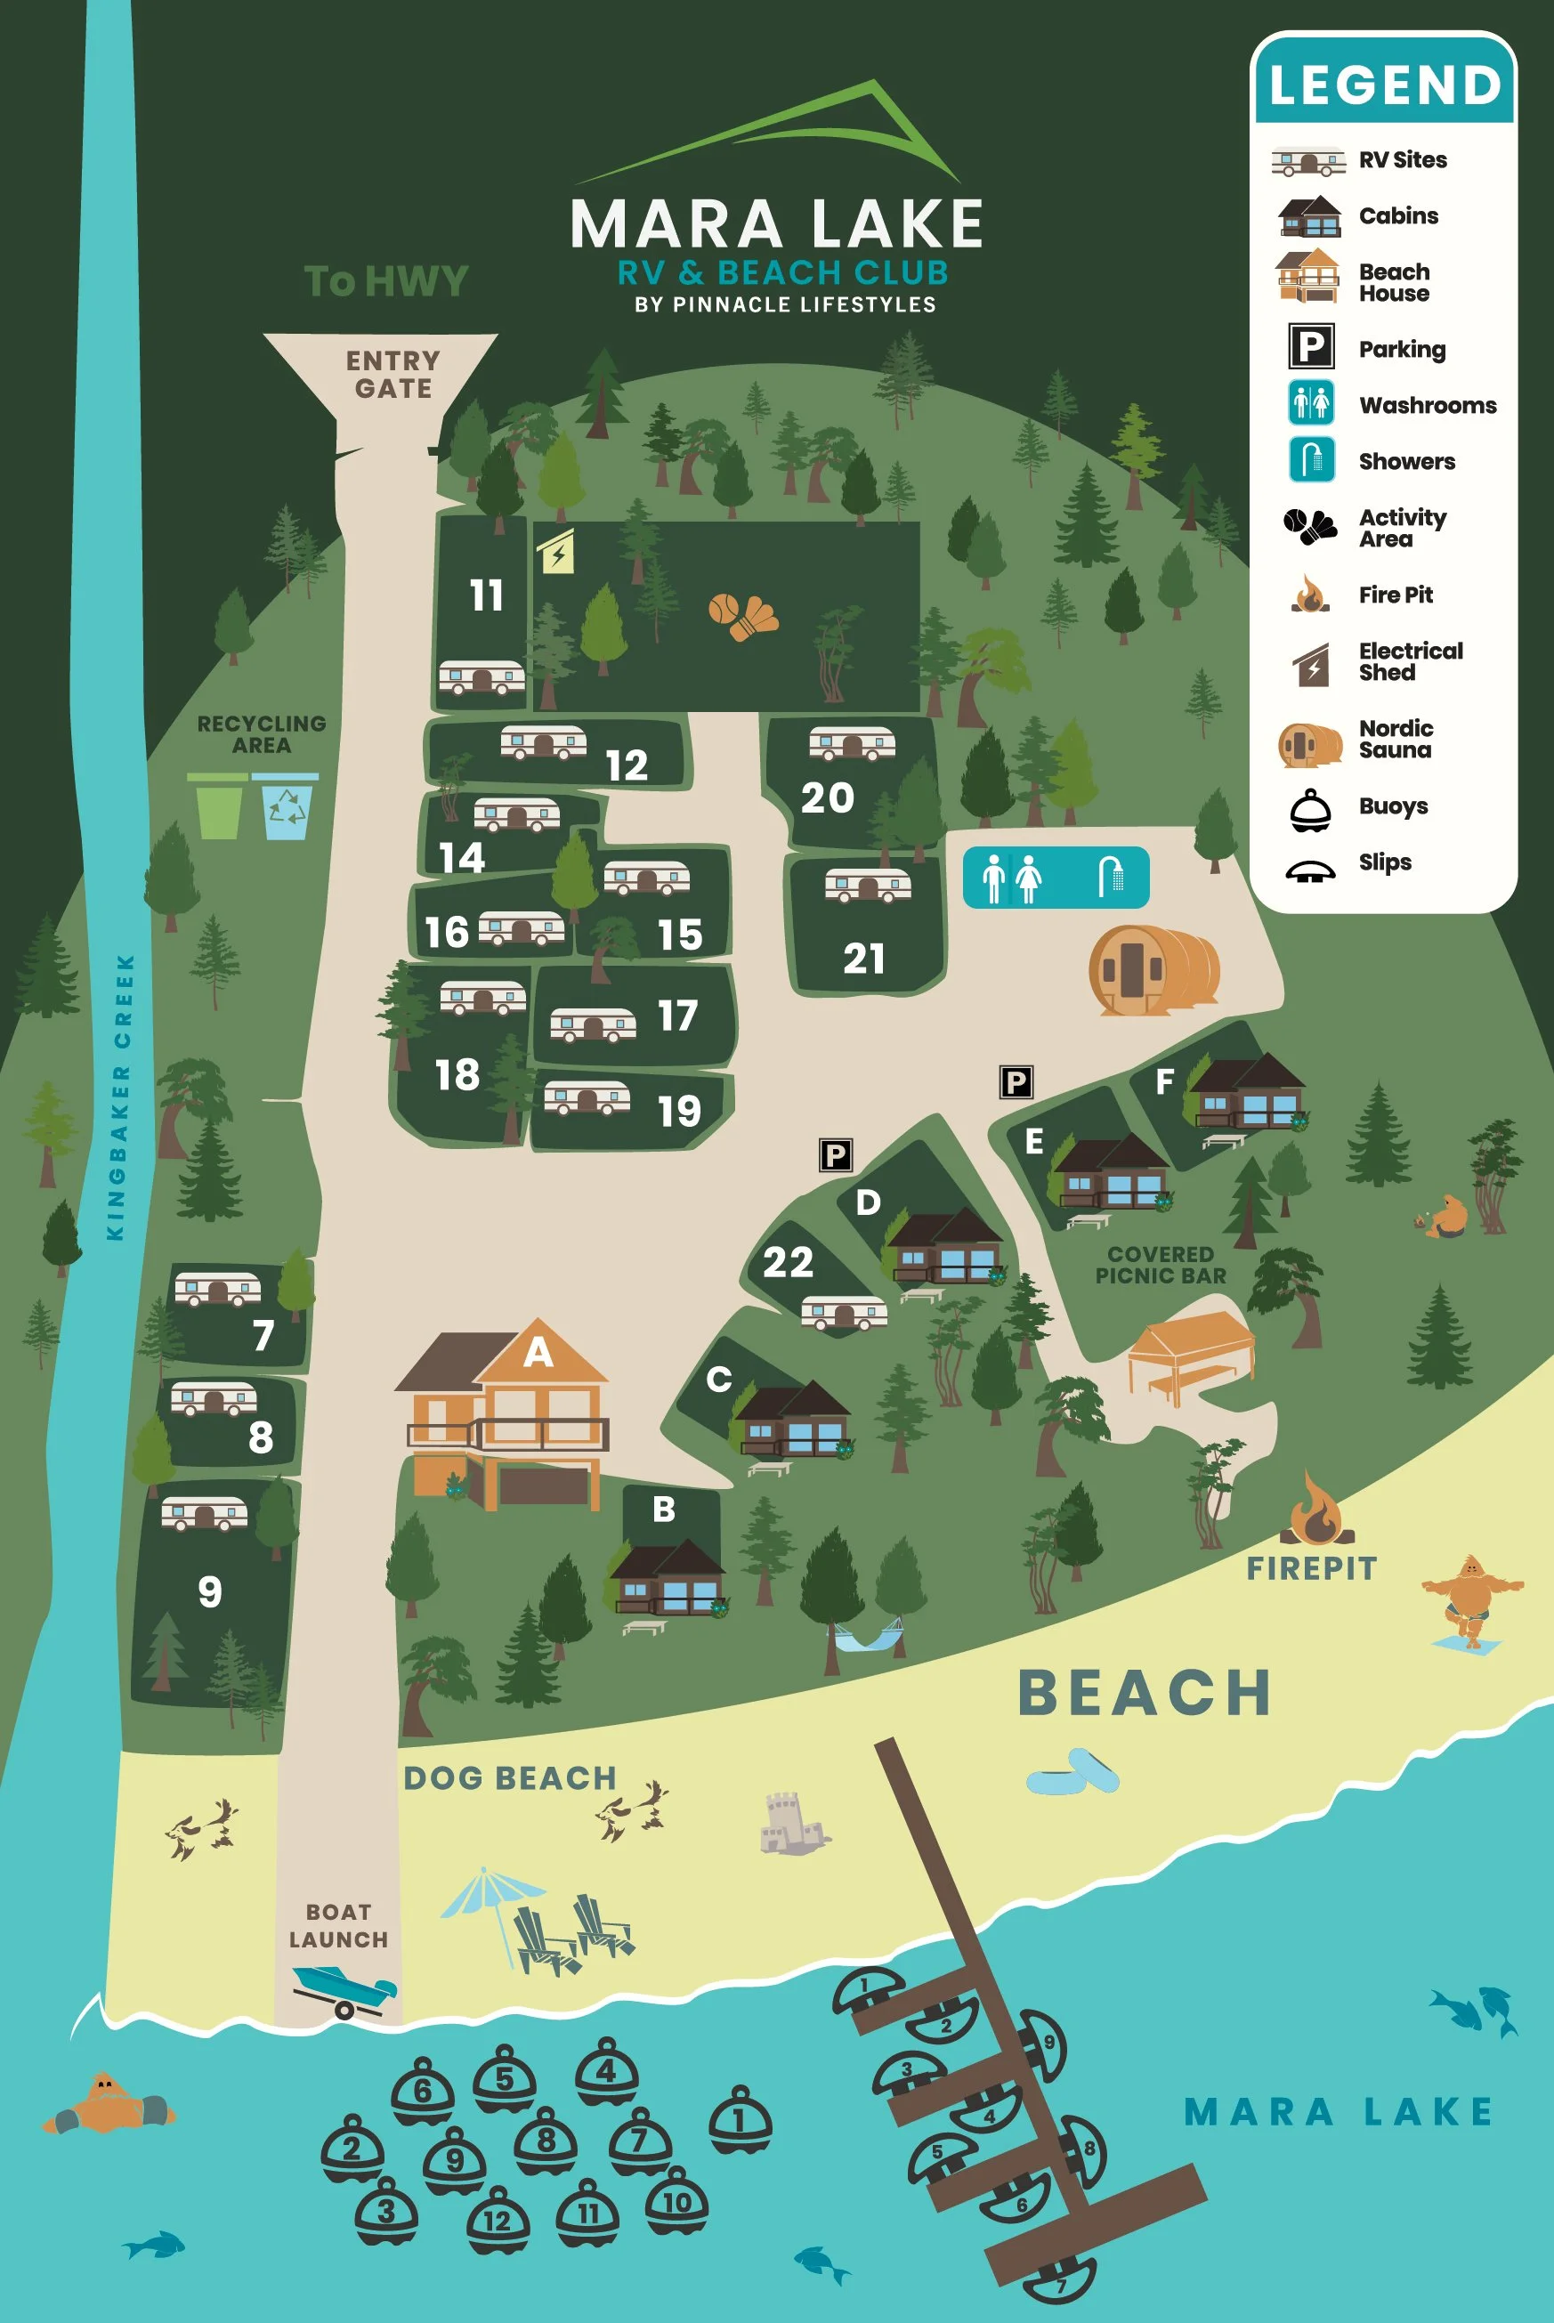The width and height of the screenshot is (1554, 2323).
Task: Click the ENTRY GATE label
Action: tap(393, 374)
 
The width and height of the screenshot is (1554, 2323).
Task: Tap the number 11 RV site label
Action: tap(486, 595)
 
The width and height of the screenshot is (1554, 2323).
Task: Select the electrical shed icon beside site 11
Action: tap(557, 552)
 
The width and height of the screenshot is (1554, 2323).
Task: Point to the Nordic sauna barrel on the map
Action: tap(1153, 969)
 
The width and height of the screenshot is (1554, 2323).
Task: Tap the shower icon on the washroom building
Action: tap(1111, 876)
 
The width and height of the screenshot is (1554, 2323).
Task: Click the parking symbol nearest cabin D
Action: tap(836, 1154)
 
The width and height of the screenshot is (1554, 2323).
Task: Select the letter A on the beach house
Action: tap(538, 1352)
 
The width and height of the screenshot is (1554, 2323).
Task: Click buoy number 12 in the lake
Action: tap(497, 2220)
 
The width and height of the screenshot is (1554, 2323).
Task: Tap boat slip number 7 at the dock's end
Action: tap(1059, 2280)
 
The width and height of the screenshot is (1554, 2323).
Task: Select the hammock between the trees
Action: tap(868, 1634)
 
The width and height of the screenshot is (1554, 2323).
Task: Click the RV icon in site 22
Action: tap(844, 1312)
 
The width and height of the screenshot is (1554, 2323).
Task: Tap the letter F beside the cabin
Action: tap(1164, 1081)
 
